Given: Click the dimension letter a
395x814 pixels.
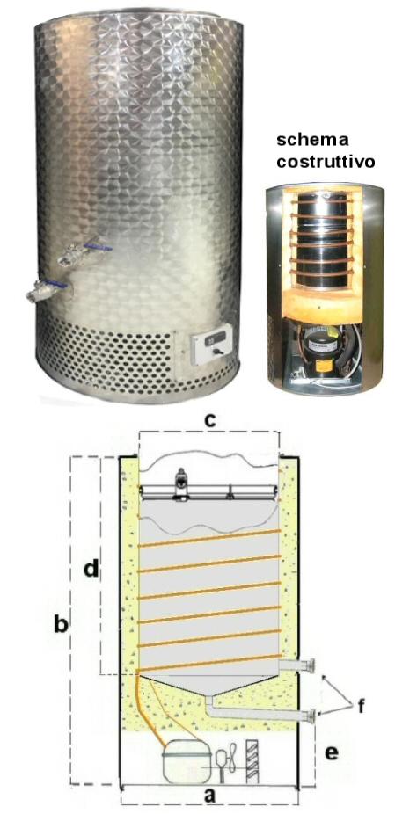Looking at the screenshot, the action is click(x=209, y=795).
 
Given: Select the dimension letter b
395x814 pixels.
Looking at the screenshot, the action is click(x=62, y=624).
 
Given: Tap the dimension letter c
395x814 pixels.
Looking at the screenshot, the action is click(x=209, y=421).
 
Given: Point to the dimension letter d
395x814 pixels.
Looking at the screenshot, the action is click(x=91, y=569).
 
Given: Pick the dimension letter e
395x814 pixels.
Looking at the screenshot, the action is click(x=331, y=752).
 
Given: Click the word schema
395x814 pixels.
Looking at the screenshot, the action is click(x=311, y=140).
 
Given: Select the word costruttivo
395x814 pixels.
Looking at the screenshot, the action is click(x=326, y=161).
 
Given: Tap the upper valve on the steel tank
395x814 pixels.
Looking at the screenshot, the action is click(x=84, y=253).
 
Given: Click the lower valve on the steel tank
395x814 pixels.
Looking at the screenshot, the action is click(x=48, y=290).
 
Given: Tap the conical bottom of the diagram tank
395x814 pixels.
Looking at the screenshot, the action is click(x=208, y=684).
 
